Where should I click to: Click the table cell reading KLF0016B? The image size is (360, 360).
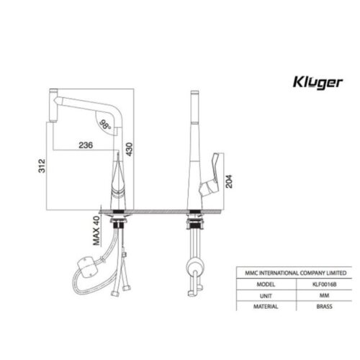(315, 284)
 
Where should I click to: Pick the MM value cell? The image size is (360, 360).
(315, 294)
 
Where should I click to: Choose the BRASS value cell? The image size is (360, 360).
(315, 305)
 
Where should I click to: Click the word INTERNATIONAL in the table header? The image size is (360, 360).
(282, 274)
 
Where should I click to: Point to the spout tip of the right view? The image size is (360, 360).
(194, 95)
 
